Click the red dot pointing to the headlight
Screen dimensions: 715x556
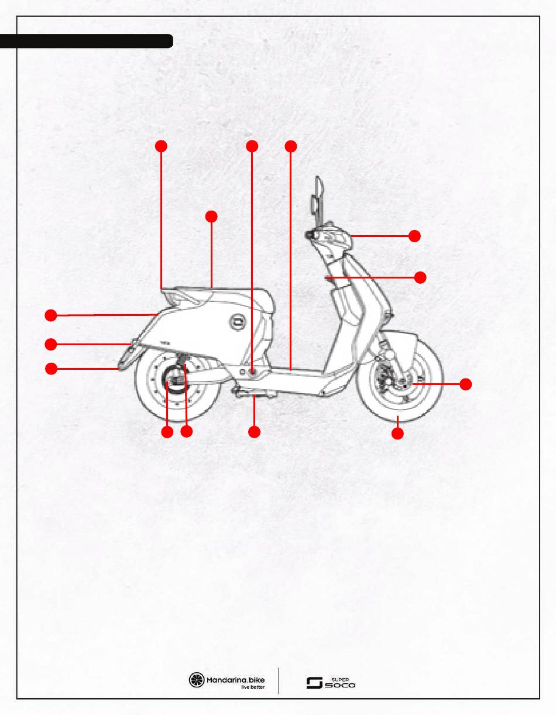[414, 236]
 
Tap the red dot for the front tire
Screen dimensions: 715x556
[397, 434]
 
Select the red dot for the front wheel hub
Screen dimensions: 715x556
[465, 384]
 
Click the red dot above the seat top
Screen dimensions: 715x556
[211, 216]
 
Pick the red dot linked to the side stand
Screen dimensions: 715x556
[254, 432]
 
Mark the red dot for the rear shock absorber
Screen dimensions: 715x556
[187, 432]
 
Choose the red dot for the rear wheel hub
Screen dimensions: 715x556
[167, 432]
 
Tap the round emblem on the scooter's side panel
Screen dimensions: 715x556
[238, 321]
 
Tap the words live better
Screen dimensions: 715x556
[253, 687]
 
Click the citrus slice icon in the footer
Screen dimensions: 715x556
[197, 680]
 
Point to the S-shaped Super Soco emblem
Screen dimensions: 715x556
[315, 683]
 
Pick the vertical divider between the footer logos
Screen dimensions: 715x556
[279, 680]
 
